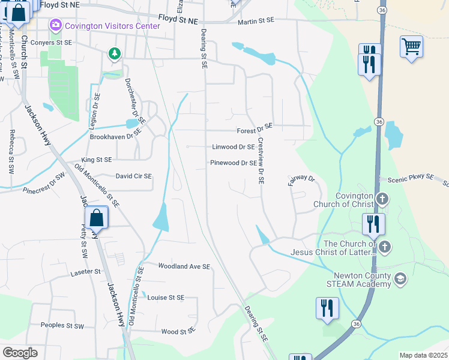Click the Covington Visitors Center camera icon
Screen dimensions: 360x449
tap(56, 25)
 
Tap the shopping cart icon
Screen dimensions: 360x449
tap(411, 46)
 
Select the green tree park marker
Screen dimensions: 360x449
tap(113, 54)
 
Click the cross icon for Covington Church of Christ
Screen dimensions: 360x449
tap(382, 199)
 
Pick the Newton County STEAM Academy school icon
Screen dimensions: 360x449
tap(401, 279)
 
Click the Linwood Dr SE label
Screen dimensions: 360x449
tap(234, 147)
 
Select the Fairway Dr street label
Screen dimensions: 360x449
tap(301, 179)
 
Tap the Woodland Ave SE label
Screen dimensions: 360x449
tap(184, 266)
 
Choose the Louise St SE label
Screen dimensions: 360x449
tap(166, 298)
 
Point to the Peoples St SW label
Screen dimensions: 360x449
tap(62, 325)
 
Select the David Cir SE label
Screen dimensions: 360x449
tap(134, 176)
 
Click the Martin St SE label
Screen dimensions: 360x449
tap(256, 21)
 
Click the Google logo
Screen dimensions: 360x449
tap(20, 353)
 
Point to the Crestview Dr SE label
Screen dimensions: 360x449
tap(261, 161)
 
